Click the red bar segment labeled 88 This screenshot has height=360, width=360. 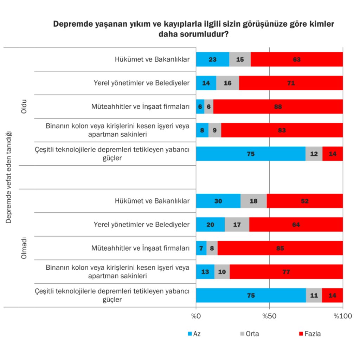click(278, 107)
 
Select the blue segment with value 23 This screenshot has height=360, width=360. click(212, 59)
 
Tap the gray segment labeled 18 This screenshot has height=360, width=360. click(253, 201)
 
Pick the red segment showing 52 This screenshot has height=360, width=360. click(304, 201)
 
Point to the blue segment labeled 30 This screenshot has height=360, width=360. click(218, 201)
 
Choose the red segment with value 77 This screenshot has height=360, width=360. click(286, 272)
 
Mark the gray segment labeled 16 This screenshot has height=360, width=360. click(227, 83)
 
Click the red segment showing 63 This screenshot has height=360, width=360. click(296, 59)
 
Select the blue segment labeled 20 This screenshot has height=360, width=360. click(210, 224)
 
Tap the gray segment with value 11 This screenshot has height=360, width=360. click(314, 295)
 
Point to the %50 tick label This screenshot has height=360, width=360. click(269, 315)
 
